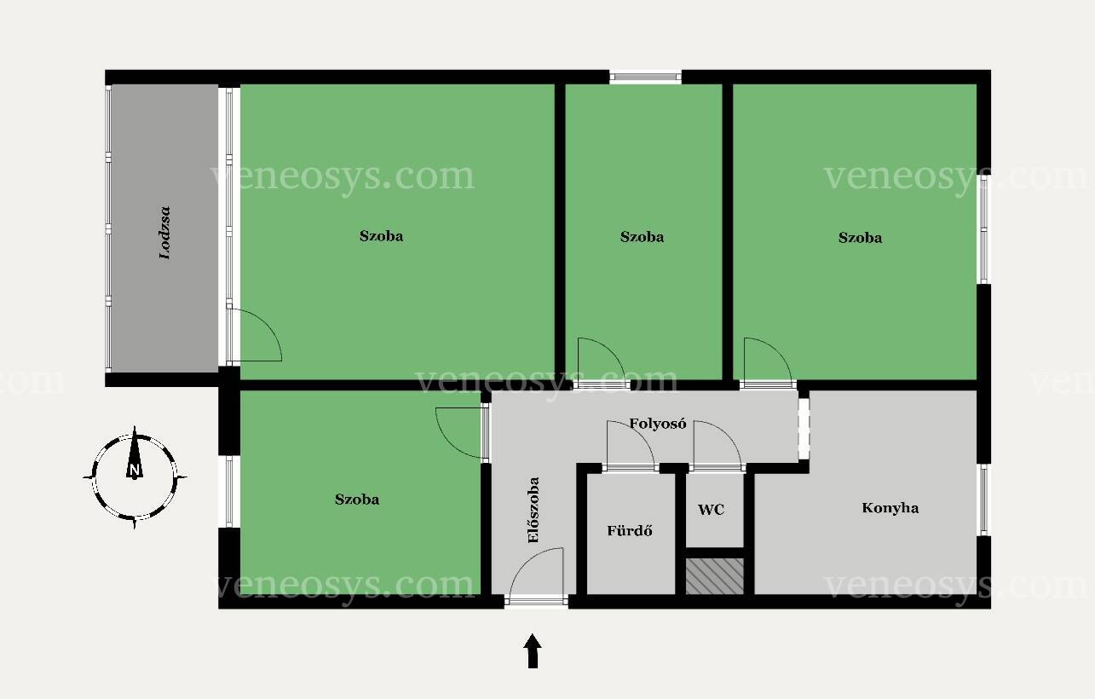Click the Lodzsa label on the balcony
point(165,233)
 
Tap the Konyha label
point(890,508)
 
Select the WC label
point(711,510)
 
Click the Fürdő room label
point(630,531)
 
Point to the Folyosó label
point(658,424)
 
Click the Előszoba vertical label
point(533,510)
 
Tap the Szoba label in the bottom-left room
point(357,500)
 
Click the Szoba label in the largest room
point(381,236)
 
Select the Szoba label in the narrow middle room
point(642,237)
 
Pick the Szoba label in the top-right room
point(861,238)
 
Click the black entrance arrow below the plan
point(533,650)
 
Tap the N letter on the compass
point(135,471)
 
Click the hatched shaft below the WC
point(715,576)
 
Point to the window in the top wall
point(645,77)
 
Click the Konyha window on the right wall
point(983,500)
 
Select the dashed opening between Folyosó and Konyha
point(804,429)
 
